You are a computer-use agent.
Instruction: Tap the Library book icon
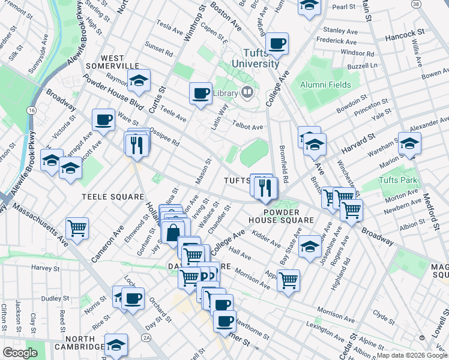point(247,92)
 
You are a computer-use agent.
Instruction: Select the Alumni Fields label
point(325,85)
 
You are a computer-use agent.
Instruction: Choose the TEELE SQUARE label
point(113,197)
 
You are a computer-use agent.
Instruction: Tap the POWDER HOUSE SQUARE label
point(288,215)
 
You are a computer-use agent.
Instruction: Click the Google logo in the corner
point(20,353)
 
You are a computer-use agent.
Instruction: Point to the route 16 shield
point(31,112)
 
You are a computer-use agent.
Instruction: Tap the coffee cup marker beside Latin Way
point(200,93)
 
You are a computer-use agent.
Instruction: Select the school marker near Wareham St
point(409,143)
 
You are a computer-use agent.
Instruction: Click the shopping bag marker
point(173,232)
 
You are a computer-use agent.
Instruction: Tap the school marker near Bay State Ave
point(310,246)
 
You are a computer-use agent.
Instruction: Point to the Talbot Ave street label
point(248,127)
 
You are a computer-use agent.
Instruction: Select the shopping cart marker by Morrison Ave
point(289,280)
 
